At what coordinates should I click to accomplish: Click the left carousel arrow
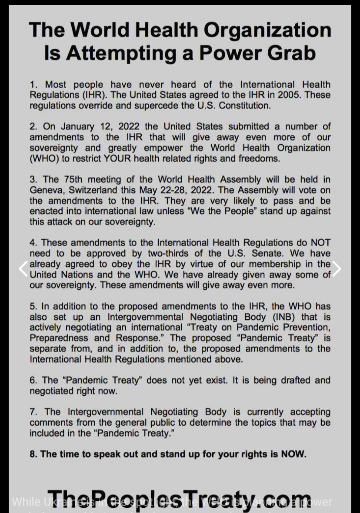tap(23, 269)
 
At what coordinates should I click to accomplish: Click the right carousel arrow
tap(337, 269)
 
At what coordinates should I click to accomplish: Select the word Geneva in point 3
tap(45, 190)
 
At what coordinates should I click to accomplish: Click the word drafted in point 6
tap(290, 381)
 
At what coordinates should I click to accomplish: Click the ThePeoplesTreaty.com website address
tap(179, 500)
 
